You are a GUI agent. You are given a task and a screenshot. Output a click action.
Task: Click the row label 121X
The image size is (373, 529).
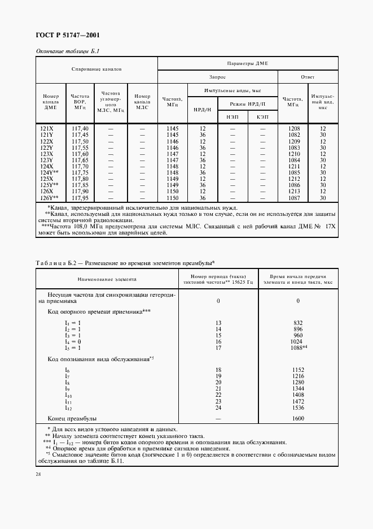pyautogui.click(x=47, y=129)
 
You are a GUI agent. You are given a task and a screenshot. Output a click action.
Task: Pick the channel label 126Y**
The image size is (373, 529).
pyautogui.click(x=50, y=198)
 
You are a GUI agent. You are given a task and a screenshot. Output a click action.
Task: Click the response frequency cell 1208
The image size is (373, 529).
pyautogui.click(x=293, y=129)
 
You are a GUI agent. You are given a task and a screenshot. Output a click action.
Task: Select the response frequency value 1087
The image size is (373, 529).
pyautogui.click(x=293, y=198)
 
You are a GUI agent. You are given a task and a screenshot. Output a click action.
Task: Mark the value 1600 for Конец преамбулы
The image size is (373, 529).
pyautogui.click(x=298, y=418)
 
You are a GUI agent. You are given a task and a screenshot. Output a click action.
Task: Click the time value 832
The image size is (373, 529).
pyautogui.click(x=298, y=323)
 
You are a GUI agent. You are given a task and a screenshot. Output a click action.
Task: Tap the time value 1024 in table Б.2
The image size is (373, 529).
pyautogui.click(x=298, y=341)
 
